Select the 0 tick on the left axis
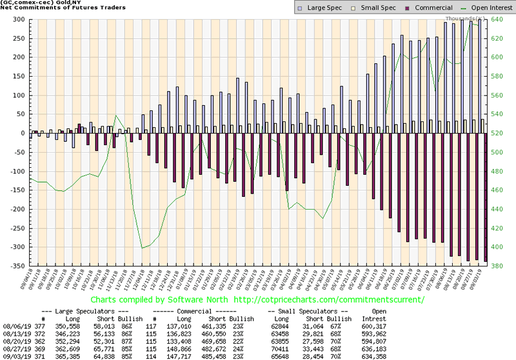coord(19,133)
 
